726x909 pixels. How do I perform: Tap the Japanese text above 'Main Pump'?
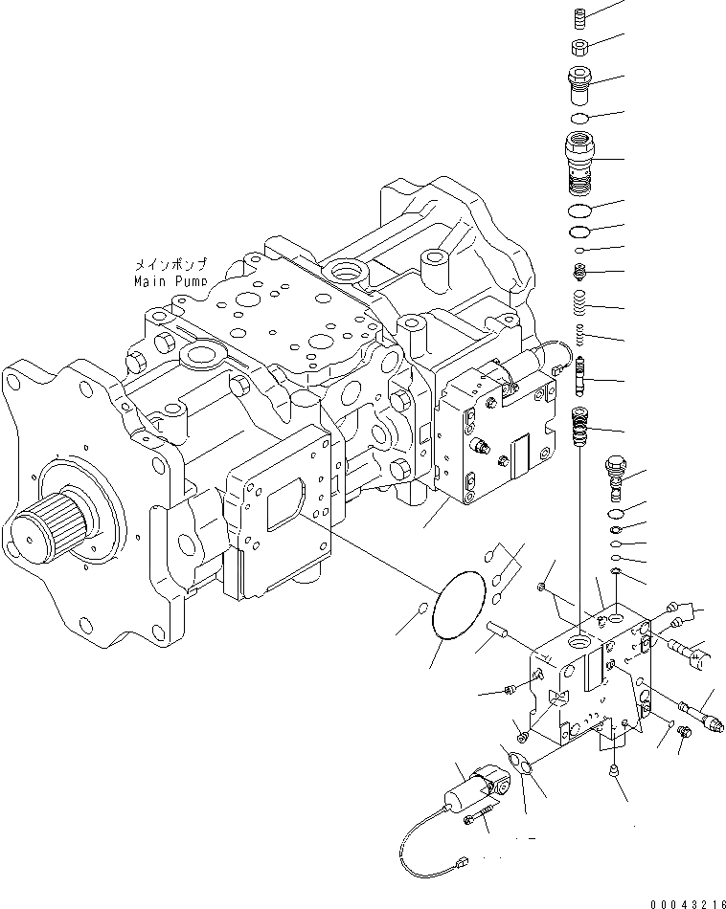173,265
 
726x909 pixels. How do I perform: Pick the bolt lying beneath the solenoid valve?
478,816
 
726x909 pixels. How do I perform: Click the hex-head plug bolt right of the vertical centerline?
615,476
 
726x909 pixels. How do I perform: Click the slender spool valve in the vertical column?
581,372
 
